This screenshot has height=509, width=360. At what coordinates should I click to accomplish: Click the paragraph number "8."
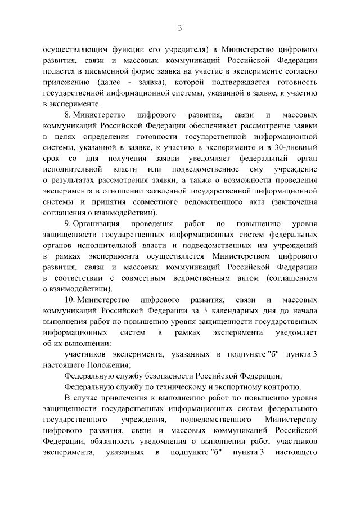[x=70, y=114]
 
